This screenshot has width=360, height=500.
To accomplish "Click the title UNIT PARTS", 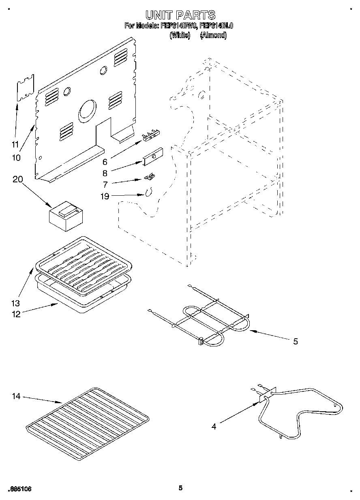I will pyautogui.click(x=180, y=15).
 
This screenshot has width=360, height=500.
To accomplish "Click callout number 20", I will pyautogui.click(x=17, y=179).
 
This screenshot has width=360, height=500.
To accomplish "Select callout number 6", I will pyautogui.click(x=105, y=162).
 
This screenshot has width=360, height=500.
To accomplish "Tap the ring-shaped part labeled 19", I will pyautogui.click(x=149, y=192).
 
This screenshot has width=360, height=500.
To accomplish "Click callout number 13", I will pyautogui.click(x=16, y=303).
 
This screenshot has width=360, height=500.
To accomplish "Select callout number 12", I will pyautogui.click(x=16, y=314).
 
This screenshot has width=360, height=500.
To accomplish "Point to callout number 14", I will pyautogui.click(x=16, y=396).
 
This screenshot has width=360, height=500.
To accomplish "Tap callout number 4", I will pyautogui.click(x=214, y=426).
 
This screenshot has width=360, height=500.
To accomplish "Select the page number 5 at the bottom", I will pyautogui.click(x=180, y=488).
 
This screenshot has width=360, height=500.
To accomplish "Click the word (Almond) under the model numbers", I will pyautogui.click(x=213, y=35).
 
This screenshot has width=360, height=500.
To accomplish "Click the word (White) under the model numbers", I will pyautogui.click(x=180, y=35).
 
